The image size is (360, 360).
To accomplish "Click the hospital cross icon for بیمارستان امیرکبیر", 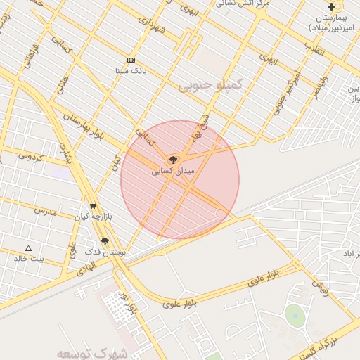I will tap(331, 6).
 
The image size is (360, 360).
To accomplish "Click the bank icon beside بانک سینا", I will tap(131, 60).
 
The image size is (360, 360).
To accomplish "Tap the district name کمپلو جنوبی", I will tap(210, 85).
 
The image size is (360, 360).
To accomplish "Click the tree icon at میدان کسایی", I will tap(173, 160).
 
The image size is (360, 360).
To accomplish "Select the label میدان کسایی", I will tap(173, 170).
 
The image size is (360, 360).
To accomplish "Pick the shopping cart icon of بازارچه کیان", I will tap(93, 206).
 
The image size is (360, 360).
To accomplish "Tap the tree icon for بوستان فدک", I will tap(105, 240).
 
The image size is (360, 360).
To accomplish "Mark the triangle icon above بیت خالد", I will tap(29, 248).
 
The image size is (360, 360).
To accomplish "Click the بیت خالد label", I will tap(29, 258).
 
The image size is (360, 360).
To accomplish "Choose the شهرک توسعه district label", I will tap(82, 352).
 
